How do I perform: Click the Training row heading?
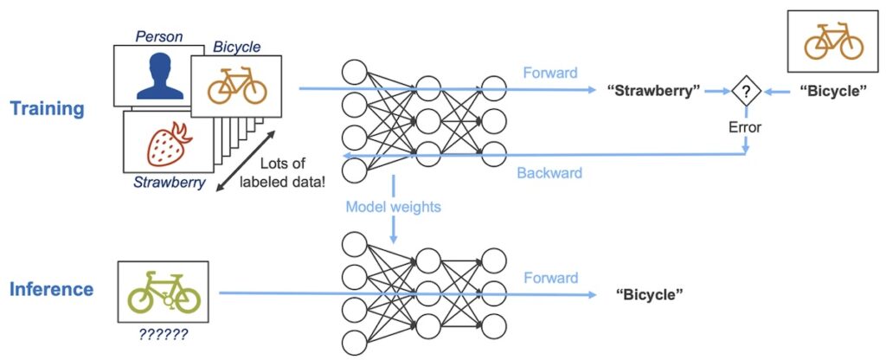[x=48, y=109]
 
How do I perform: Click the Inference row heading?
[x=51, y=289]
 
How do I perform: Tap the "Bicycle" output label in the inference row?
[x=650, y=295]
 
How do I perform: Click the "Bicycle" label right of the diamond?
[x=831, y=91]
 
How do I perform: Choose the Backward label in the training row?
[x=549, y=172]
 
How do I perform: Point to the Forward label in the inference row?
[x=550, y=278]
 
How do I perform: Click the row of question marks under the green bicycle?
[x=164, y=330]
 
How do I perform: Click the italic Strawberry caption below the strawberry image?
[x=169, y=182]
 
